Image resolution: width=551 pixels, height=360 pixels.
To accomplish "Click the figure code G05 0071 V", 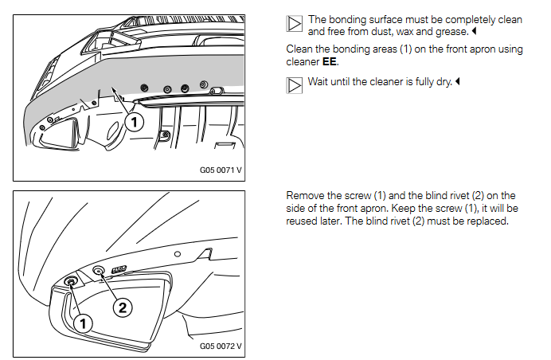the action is pos(221,170).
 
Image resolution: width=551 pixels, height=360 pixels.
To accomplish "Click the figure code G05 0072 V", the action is pos(221,346).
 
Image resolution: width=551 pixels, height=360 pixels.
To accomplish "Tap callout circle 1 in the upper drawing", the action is pos(135,123).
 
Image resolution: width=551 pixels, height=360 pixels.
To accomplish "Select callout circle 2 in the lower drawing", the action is pos(123,307).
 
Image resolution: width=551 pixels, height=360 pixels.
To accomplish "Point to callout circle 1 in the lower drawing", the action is pos(83,323).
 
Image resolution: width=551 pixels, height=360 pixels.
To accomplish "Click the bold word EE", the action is pos(330,62).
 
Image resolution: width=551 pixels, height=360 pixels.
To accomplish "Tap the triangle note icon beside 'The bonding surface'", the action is pos(294,24).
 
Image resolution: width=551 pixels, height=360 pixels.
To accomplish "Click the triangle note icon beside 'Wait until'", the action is pos(294,85).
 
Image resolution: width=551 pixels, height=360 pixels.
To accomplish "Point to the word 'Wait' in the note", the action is pos(318,81).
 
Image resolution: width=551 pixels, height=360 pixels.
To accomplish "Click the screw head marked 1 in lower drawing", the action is pos(71,282).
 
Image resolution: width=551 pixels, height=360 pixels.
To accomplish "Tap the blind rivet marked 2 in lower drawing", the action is pos(98,271).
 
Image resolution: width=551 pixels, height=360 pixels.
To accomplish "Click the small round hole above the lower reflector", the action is pos(178,254).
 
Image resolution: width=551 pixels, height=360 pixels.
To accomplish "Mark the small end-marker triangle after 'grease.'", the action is pos(474,31).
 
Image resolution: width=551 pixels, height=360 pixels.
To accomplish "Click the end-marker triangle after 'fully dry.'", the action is pos(458,81).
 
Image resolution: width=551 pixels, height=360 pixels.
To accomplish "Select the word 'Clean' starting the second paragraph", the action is pos(298,49).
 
